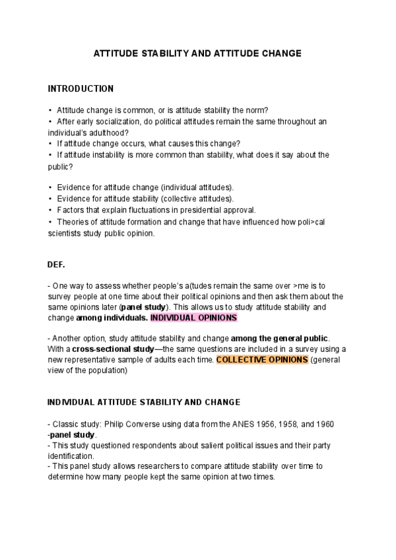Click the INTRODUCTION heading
(x=81, y=88)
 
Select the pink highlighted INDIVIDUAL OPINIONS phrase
(x=193, y=318)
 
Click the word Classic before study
(x=65, y=423)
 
